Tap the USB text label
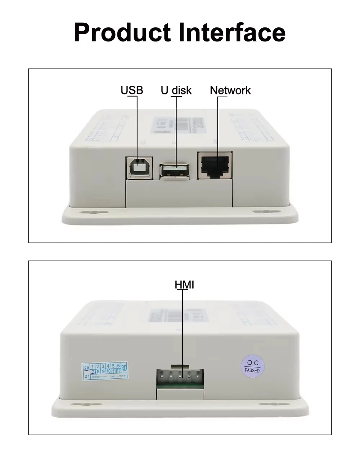pyautogui.click(x=132, y=90)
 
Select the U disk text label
pyautogui.click(x=176, y=90)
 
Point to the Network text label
pyautogui.click(x=230, y=90)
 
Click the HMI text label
pyautogui.click(x=184, y=285)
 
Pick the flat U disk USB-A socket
pyautogui.click(x=175, y=170)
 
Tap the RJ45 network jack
pyautogui.click(x=215, y=165)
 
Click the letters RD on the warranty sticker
pyautogui.click(x=124, y=368)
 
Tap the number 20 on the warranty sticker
pyautogui.click(x=86, y=368)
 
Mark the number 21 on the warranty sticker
pyautogui.click(x=87, y=376)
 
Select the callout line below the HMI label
pyautogui.click(x=183, y=331)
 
